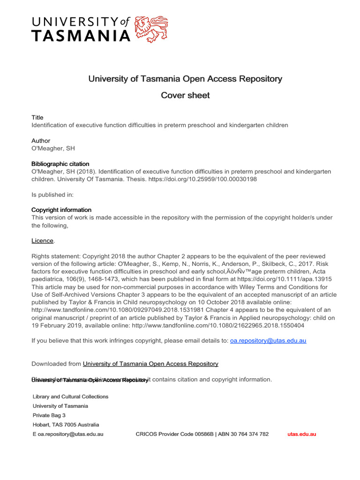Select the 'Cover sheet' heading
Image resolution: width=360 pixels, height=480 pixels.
pyautogui.click(x=185, y=96)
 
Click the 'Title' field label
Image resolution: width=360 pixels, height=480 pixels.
pyautogui.click(x=37, y=118)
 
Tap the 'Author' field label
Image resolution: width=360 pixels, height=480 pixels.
pyautogui.click(x=41, y=141)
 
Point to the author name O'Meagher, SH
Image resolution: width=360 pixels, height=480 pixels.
pyautogui.click(x=53, y=149)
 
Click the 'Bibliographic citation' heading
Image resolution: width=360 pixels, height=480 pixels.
pyautogui.click(x=60, y=164)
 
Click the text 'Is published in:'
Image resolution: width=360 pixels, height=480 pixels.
pyautogui.click(x=52, y=195)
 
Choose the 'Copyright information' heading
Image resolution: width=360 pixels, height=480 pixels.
pyautogui.click(x=61, y=210)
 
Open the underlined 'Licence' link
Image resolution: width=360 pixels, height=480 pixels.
pyautogui.click(x=42, y=240)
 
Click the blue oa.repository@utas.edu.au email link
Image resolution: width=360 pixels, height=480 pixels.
pyautogui.click(x=268, y=341)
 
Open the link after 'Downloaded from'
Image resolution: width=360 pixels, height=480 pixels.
pyautogui.click(x=150, y=364)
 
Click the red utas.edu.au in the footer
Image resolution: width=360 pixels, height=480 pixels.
pyautogui.click(x=301, y=434)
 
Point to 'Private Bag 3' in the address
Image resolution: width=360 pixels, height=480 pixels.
pyautogui.click(x=49, y=415)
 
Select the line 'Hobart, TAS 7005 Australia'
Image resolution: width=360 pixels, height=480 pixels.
pyautogui.click(x=66, y=425)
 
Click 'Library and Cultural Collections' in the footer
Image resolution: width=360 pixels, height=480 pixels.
pyautogui.click(x=70, y=397)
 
